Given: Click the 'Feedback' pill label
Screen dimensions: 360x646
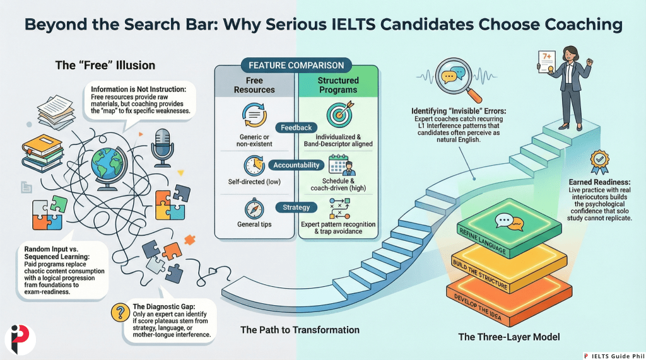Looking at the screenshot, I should click(x=296, y=127).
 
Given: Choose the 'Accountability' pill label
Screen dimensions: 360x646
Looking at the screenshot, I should click(x=296, y=165).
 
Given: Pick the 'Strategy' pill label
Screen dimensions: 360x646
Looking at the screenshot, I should click(x=296, y=207).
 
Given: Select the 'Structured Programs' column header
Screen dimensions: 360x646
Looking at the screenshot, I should click(x=338, y=85).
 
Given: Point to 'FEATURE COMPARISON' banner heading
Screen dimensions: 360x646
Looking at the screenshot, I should click(x=296, y=65).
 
